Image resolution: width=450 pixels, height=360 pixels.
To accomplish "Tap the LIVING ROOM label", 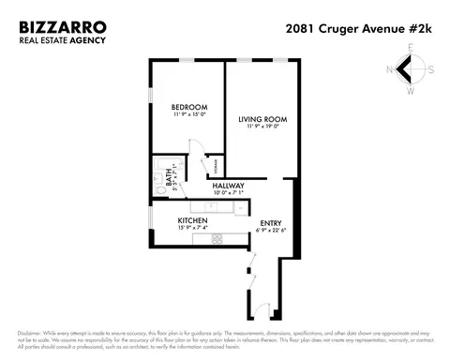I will tap(262, 119).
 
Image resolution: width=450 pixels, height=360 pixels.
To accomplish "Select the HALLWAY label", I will tap(228, 186).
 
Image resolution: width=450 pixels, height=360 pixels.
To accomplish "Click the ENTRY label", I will tap(271, 222).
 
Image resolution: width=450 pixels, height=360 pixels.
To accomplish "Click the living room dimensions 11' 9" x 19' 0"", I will tap(262, 127).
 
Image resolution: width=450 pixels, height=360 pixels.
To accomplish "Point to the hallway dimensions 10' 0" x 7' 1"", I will tap(228, 194).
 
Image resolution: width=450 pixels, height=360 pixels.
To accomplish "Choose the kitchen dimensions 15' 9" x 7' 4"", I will tap(179, 227).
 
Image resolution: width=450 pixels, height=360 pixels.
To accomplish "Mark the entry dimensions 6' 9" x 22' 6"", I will tap(271, 231).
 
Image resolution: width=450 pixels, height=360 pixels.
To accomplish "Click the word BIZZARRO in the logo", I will tap(62, 28).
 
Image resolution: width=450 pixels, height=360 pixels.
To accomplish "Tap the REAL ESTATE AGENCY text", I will tap(62, 40).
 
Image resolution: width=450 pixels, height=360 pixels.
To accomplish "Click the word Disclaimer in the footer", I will tap(37, 334).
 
